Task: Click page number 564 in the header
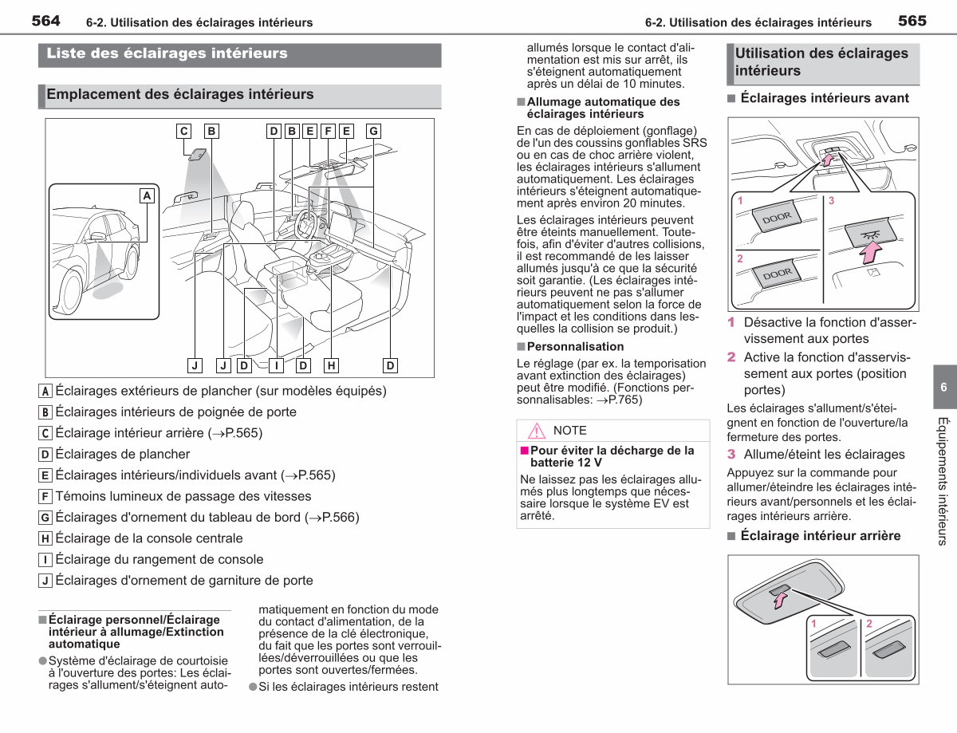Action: (x=45, y=21)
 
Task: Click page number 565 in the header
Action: (x=912, y=21)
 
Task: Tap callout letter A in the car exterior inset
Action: (x=147, y=196)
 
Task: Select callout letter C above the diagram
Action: (x=183, y=131)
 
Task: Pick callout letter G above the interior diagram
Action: (x=373, y=131)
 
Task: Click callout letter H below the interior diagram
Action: (x=331, y=365)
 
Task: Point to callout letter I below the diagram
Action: (x=276, y=365)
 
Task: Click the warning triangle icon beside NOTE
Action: (x=537, y=431)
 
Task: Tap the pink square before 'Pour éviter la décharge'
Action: (x=524, y=451)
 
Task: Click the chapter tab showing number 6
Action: (x=944, y=387)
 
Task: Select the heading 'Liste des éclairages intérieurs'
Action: (x=167, y=53)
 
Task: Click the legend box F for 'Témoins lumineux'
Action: (x=45, y=497)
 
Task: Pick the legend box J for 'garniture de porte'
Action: (x=45, y=581)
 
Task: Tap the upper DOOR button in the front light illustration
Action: (x=777, y=217)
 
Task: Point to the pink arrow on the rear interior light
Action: (x=780, y=600)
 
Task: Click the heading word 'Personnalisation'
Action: (x=575, y=346)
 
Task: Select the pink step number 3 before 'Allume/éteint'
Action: (x=731, y=454)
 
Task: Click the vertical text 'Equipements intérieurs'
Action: (x=942, y=482)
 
